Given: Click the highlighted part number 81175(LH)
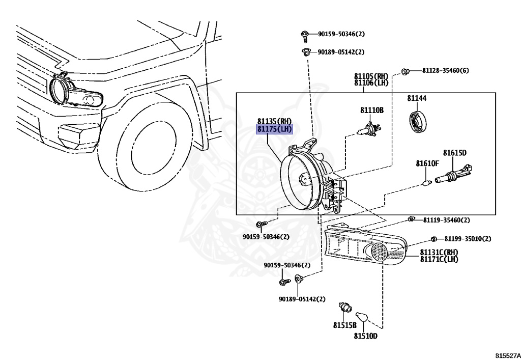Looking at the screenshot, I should click(x=275, y=129).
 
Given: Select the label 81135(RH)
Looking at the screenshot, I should click(x=275, y=122).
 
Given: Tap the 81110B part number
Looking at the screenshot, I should click(x=372, y=110).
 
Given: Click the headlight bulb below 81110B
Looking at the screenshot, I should click(x=369, y=130).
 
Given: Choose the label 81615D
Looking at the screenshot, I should click(x=454, y=152).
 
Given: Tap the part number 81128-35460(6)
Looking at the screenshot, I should click(x=445, y=70).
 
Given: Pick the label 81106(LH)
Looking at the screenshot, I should click(x=371, y=82).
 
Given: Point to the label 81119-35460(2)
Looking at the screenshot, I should click(x=446, y=220).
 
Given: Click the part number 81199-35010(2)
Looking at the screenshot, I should click(x=467, y=238).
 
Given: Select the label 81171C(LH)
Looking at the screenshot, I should click(x=439, y=259).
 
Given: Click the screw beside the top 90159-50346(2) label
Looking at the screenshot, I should click(x=304, y=35).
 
